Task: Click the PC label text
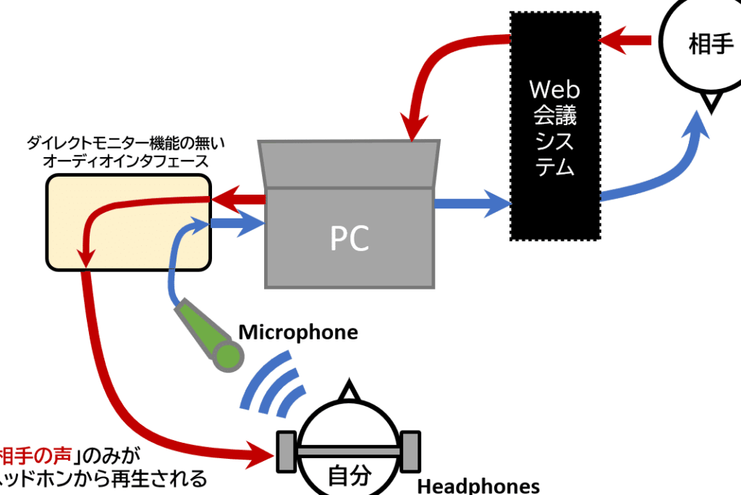[350, 240]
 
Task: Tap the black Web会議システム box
[555, 126]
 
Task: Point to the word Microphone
[298, 332]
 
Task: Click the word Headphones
[478, 486]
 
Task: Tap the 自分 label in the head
[350, 475]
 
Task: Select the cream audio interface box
[129, 221]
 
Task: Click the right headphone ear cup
[410, 453]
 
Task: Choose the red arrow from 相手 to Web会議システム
[630, 41]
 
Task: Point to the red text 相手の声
[39, 457]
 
